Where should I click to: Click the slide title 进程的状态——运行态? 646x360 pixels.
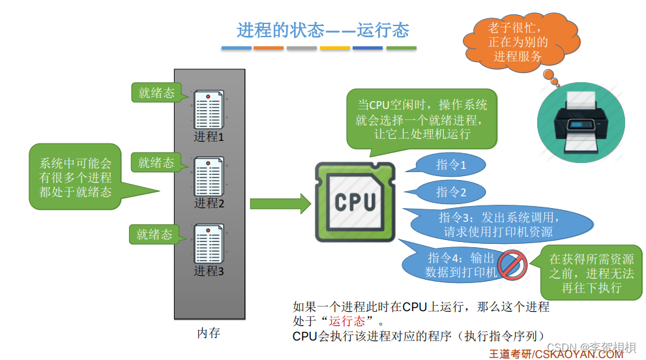pyautogui.click(x=323, y=30)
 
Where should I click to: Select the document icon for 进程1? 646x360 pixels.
pyautogui.click(x=209, y=110)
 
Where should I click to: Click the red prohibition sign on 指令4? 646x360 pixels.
pyautogui.click(x=512, y=265)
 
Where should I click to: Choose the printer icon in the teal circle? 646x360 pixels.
pyautogui.click(x=581, y=123)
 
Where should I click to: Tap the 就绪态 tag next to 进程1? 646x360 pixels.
pyautogui.click(x=156, y=93)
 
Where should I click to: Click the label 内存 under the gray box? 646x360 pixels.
pyautogui.click(x=209, y=333)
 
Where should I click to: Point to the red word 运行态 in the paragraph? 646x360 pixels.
pyautogui.click(x=347, y=321)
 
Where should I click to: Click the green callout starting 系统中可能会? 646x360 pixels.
pyautogui.click(x=76, y=177)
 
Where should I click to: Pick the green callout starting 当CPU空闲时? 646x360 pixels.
pyautogui.click(x=422, y=119)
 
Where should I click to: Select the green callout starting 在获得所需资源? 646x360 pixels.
pyautogui.click(x=591, y=273)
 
